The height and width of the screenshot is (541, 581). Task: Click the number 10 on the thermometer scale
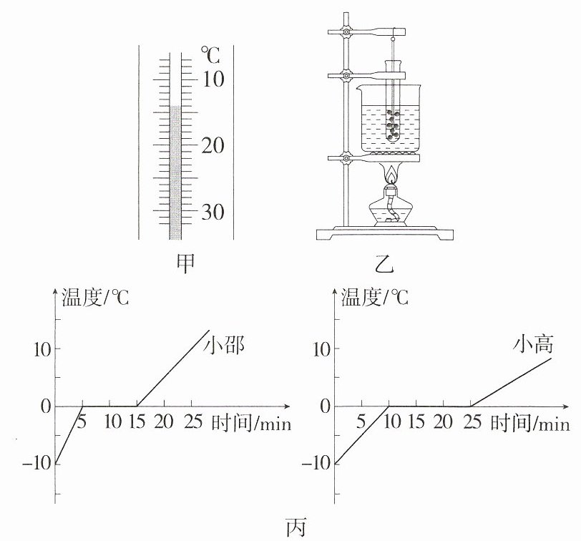(x=213, y=79)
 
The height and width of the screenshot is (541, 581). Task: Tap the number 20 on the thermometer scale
(x=213, y=145)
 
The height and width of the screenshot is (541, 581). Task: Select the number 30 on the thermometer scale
(x=213, y=213)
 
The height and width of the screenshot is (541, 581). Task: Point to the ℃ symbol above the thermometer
(x=210, y=56)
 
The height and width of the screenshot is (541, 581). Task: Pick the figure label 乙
(x=384, y=264)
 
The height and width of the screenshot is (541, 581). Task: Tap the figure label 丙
(x=296, y=527)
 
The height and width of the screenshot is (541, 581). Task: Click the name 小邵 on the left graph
(x=224, y=346)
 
